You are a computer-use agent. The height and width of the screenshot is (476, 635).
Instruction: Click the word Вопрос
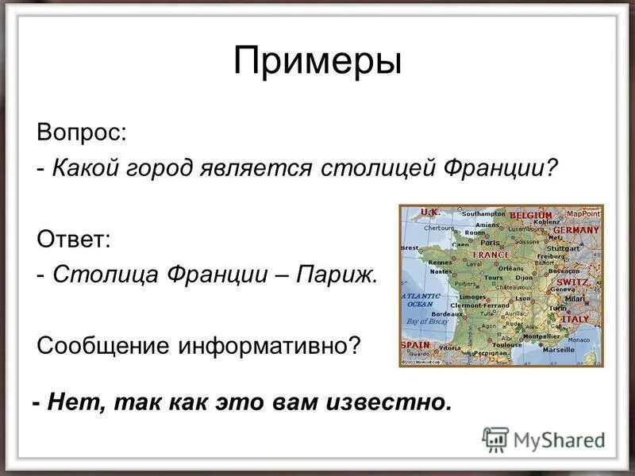point(80,132)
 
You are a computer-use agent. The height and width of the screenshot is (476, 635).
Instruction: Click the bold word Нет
point(75,401)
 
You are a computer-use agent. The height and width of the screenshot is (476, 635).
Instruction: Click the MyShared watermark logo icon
point(496,439)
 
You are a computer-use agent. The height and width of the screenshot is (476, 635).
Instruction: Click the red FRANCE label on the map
point(491,255)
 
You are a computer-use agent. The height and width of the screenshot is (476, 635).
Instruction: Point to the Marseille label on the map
point(559,348)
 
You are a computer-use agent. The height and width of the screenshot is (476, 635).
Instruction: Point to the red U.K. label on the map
point(429,212)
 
